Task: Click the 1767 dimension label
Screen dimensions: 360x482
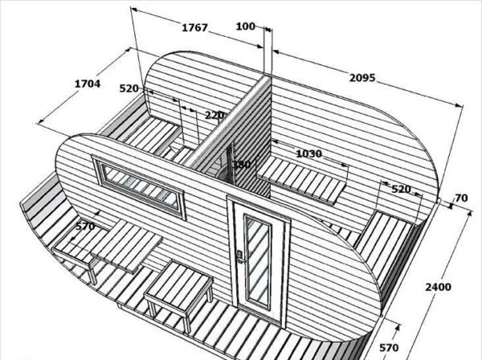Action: (x=195, y=28)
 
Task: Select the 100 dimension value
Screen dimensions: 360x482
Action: (x=246, y=27)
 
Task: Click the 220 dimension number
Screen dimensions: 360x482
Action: (x=214, y=116)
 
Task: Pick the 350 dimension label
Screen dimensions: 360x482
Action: (x=241, y=165)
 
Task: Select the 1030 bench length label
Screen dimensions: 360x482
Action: (x=308, y=153)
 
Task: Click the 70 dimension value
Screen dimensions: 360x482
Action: (x=460, y=198)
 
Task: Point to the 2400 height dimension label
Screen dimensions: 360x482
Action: (x=439, y=287)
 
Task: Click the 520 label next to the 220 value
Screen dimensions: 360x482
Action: (x=129, y=88)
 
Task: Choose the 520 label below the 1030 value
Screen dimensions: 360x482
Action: (x=401, y=189)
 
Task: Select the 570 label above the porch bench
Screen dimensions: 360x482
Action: (x=84, y=227)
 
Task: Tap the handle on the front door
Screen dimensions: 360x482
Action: (x=239, y=258)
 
